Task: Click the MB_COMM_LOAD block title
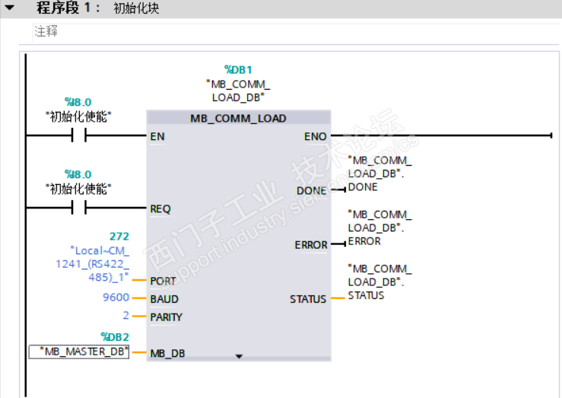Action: (238, 118)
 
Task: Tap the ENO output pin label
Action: (315, 136)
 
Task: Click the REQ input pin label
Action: (160, 209)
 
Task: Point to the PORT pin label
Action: (163, 281)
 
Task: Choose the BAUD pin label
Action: (164, 298)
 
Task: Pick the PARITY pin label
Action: (167, 316)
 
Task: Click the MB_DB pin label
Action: (167, 353)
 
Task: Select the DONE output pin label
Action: (311, 191)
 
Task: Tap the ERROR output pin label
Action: (311, 245)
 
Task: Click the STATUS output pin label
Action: (308, 299)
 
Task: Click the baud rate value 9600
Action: (116, 298)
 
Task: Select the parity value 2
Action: (125, 316)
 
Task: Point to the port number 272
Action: (120, 237)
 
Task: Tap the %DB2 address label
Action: (115, 336)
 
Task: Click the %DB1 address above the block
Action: (238, 69)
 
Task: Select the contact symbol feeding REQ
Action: (78, 209)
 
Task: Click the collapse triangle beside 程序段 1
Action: (11, 9)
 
